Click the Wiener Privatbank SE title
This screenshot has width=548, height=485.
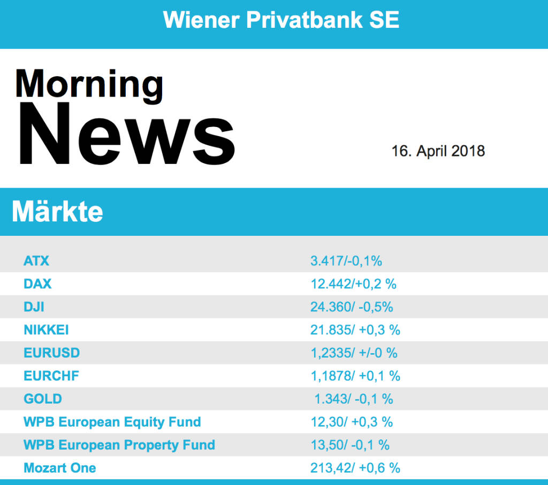(281, 20)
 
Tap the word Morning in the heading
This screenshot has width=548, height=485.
(89, 84)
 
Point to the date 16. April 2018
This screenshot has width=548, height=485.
(438, 151)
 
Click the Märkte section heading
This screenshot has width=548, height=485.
(57, 212)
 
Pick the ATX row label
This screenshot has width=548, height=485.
(36, 261)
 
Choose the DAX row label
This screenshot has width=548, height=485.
(37, 284)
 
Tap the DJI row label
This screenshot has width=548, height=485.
(34, 307)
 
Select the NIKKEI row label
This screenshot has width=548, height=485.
(46, 330)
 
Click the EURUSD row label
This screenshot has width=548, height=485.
(51, 353)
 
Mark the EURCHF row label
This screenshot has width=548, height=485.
(51, 376)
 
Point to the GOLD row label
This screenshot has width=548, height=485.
(43, 399)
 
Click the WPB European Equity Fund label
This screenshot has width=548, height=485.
(112, 422)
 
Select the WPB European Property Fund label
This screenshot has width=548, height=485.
(119, 445)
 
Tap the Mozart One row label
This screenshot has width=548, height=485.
(60, 468)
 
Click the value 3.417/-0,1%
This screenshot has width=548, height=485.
(346, 261)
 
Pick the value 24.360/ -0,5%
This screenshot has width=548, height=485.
(352, 307)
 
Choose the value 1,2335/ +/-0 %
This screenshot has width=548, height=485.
(354, 353)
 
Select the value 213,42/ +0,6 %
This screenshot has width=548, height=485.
(355, 468)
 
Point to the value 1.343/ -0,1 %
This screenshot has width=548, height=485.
(353, 399)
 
